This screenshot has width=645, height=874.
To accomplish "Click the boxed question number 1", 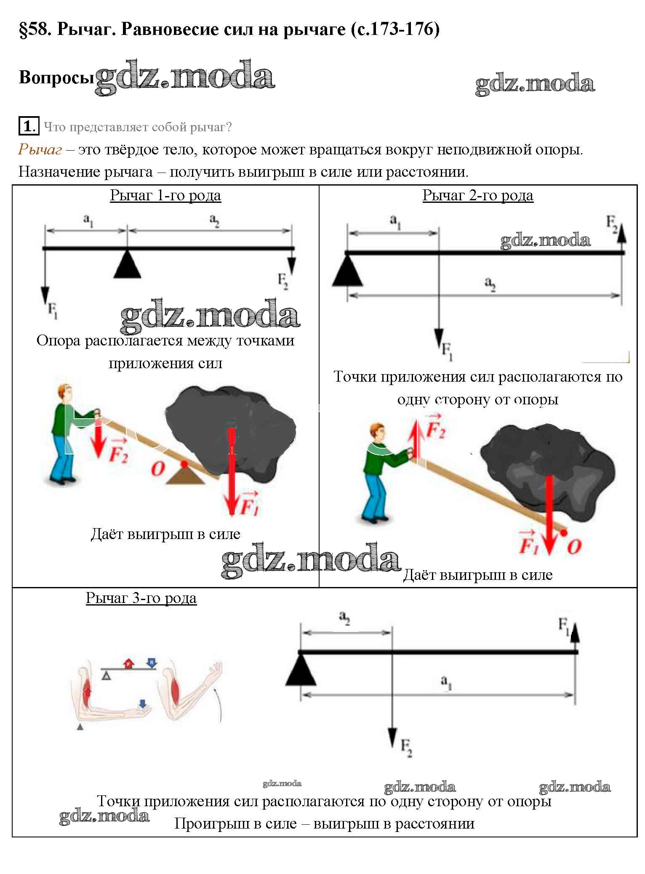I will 28,126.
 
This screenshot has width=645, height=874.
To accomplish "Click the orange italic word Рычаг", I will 40,149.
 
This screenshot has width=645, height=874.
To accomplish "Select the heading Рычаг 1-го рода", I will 165,195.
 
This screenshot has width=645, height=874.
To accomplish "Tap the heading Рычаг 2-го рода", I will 478,195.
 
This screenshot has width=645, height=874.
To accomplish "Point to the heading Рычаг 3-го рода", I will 141,598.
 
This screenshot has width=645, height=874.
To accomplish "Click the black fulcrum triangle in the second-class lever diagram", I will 347,273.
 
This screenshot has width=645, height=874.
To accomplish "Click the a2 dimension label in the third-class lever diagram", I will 345,617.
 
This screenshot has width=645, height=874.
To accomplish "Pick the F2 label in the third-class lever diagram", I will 406,747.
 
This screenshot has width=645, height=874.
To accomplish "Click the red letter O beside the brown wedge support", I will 158,468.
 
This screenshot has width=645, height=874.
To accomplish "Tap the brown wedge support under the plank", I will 185,476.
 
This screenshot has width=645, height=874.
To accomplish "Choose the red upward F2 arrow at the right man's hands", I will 417,438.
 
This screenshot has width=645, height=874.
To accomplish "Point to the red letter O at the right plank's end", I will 574,546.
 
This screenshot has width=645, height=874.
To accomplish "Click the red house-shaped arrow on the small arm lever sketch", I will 129,663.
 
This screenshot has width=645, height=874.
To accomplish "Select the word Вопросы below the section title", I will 56,77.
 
